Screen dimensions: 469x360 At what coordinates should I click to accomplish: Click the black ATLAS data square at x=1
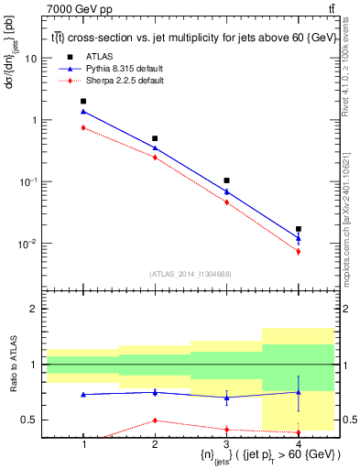tap(83, 101)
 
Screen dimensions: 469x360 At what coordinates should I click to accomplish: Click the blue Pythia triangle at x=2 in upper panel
tap(155, 147)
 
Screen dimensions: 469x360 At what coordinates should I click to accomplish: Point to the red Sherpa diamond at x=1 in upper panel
tap(83, 127)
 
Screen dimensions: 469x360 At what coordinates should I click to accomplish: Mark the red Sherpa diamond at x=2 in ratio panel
tap(155, 420)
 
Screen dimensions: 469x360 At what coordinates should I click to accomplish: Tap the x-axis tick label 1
tap(83, 444)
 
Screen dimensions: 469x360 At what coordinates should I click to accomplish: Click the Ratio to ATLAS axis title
tap(12, 365)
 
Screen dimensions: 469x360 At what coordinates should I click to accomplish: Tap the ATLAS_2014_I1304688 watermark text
tap(191, 274)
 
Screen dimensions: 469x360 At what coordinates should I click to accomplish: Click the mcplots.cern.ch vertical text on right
tap(352, 220)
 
